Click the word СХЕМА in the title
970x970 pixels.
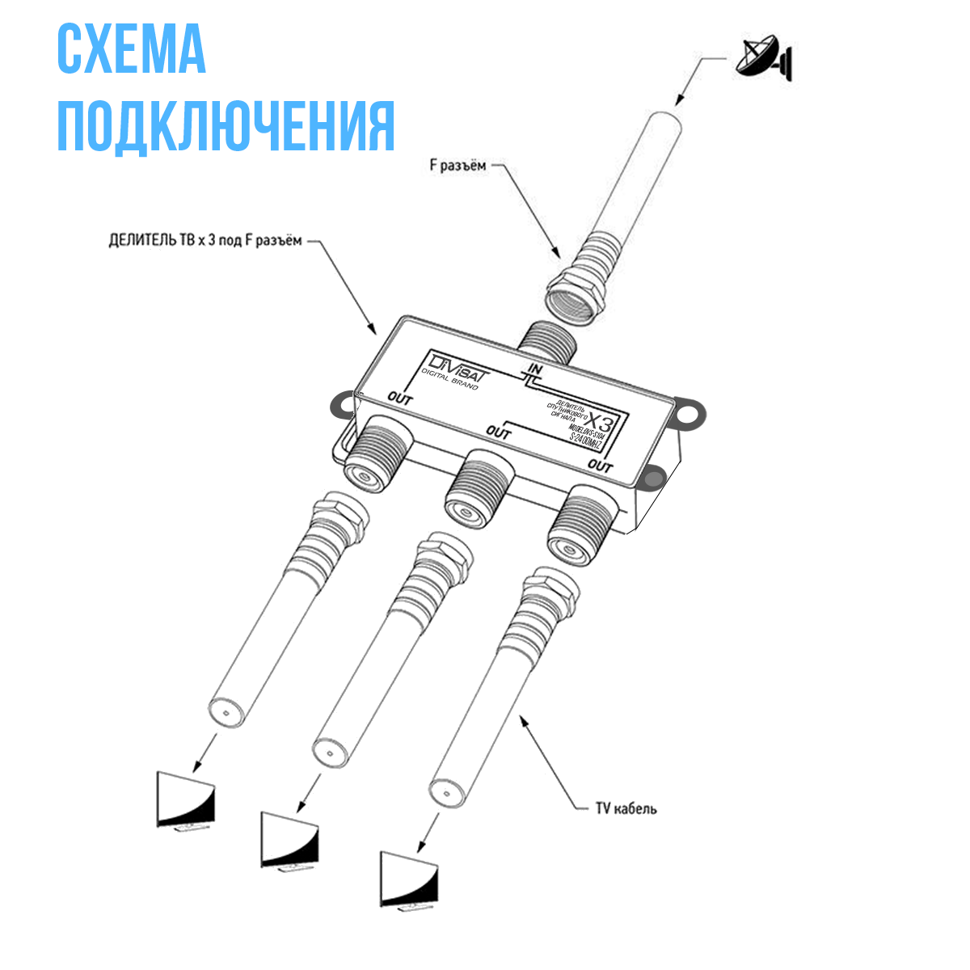click(131, 50)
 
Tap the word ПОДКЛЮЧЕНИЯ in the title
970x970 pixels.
click(226, 126)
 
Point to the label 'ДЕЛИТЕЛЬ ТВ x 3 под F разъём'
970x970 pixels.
click(205, 241)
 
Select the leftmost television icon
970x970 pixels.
click(186, 800)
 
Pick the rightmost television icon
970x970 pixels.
click(410, 879)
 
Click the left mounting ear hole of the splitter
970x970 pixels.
click(342, 404)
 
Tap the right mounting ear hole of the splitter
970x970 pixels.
click(690, 411)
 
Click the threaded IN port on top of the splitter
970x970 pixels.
click(547, 339)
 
